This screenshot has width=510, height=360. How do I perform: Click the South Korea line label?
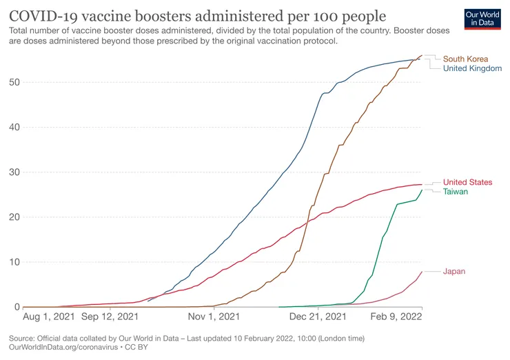coord(465,59)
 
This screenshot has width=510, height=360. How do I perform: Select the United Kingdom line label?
coord(472,68)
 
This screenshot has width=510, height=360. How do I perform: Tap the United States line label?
coord(468,182)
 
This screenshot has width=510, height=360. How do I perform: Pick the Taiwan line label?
coord(456,192)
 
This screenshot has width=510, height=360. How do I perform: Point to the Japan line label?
coord(454,272)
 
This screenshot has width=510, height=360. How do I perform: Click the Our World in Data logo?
coord(482,19)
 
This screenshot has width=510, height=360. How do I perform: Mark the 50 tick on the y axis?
coord(14,82)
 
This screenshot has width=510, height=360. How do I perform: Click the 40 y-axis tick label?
coord(14,128)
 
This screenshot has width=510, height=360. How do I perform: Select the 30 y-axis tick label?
coord(14,172)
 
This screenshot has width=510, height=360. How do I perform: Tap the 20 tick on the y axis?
coord(14,217)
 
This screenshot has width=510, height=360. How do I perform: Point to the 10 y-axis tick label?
coord(14,262)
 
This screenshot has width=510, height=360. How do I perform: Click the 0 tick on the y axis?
coord(17,307)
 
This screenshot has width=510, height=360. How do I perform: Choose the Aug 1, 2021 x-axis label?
coord(49,317)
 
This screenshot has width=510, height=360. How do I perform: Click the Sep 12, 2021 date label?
coord(110,317)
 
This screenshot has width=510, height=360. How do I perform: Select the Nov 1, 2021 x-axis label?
coord(214,317)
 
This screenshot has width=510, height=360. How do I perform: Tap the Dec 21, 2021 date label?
coord(318,317)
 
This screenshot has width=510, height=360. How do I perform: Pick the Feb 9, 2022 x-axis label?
coord(396,317)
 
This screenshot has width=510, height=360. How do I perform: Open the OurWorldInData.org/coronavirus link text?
coord(63,348)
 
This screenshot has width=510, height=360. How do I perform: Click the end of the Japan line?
coord(422,272)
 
